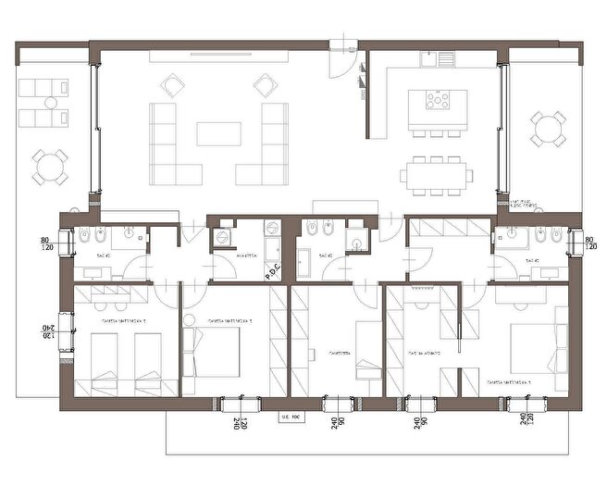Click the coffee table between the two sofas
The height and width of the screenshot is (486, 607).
pos(218,136)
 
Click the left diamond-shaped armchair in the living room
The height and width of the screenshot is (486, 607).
pos(172,87)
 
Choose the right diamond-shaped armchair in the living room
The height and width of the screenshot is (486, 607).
pos(265,87)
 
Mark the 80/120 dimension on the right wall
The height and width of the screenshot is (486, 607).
pos(591,245)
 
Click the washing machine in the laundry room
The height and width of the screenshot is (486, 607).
pos(223,238)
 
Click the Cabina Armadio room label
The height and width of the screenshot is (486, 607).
pos(425,353)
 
